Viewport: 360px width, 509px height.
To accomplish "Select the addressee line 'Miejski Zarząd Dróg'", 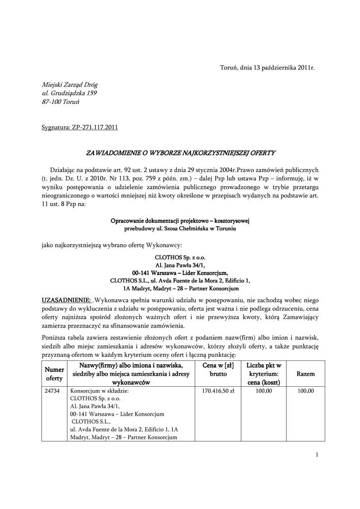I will pos(70,85).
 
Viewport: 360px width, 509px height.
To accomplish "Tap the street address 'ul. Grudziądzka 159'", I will pos(69,93).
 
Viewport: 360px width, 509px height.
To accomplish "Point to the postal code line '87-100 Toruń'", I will pos(61,101).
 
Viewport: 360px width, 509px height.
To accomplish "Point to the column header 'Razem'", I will pos(305,374).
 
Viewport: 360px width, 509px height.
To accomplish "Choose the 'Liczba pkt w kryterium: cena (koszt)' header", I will pos(264,374).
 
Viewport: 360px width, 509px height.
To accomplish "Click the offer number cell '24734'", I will pos(52,391).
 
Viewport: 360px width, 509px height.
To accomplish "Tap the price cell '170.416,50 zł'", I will pos(218,391).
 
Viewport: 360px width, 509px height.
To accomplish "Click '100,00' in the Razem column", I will pos(305,391).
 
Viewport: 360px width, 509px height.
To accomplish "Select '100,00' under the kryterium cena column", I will pos(264,391).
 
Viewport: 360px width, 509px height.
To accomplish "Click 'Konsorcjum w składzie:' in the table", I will pos(99,391).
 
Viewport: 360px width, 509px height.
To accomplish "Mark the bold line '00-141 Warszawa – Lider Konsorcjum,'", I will pos(180,273).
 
